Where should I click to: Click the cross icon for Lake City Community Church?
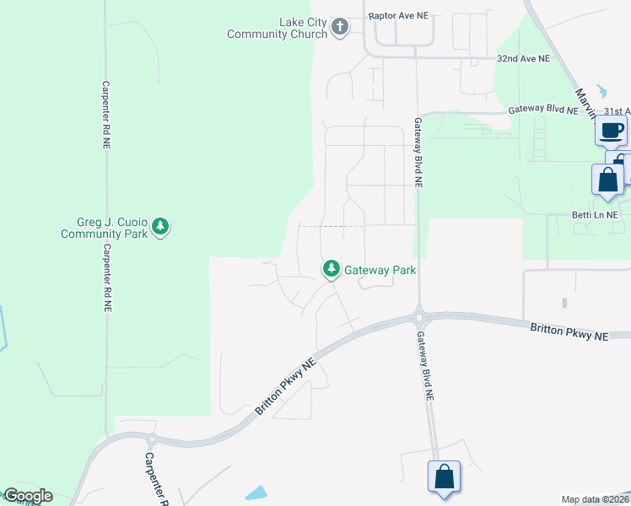(339, 27)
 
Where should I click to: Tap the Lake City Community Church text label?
(277, 28)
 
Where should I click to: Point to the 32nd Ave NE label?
(523, 59)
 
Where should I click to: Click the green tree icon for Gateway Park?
(332, 269)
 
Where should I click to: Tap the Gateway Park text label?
(380, 270)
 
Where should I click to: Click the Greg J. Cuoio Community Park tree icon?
(160, 226)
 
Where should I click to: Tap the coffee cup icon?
(612, 131)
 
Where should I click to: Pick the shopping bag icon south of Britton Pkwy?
(444, 477)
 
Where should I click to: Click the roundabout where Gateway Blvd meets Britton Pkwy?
(418, 318)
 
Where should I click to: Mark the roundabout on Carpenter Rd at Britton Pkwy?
(152, 439)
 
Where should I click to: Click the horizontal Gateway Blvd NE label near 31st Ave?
(542, 110)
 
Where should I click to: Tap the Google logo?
(27, 496)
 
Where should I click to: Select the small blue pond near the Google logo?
(256, 493)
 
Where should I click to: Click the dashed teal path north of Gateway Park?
(332, 226)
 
